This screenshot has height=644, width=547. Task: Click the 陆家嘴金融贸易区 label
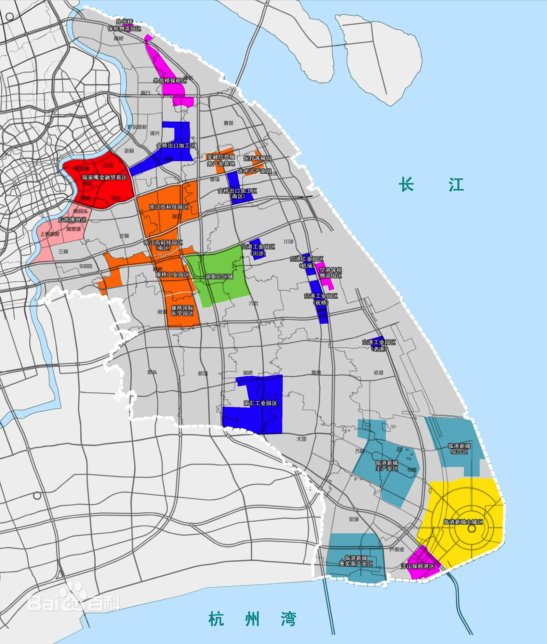(x=105, y=178)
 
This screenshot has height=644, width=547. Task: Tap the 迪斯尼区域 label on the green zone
(x=219, y=276)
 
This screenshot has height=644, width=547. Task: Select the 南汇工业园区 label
(x=261, y=403)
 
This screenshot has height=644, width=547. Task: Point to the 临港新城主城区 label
(x=463, y=522)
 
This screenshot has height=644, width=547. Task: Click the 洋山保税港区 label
(x=417, y=566)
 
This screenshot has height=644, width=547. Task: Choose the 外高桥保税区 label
(x=170, y=81)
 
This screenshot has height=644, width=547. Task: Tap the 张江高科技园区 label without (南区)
(x=169, y=207)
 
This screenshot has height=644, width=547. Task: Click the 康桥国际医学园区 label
(x=182, y=310)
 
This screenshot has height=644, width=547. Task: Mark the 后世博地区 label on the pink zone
(x=72, y=220)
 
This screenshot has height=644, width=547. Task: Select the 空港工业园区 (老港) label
(x=379, y=345)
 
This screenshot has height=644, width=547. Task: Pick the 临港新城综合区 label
(x=459, y=448)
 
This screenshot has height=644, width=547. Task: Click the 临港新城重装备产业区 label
(x=356, y=561)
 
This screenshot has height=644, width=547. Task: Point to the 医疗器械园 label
(x=257, y=158)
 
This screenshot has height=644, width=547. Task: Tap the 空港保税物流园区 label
(x=331, y=272)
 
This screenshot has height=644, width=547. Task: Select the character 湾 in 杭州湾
(x=288, y=619)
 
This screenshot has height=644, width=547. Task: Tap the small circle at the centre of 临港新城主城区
(x=472, y=528)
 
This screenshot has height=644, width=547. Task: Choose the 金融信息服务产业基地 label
(x=221, y=160)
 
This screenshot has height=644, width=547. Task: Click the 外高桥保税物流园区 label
(x=124, y=26)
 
